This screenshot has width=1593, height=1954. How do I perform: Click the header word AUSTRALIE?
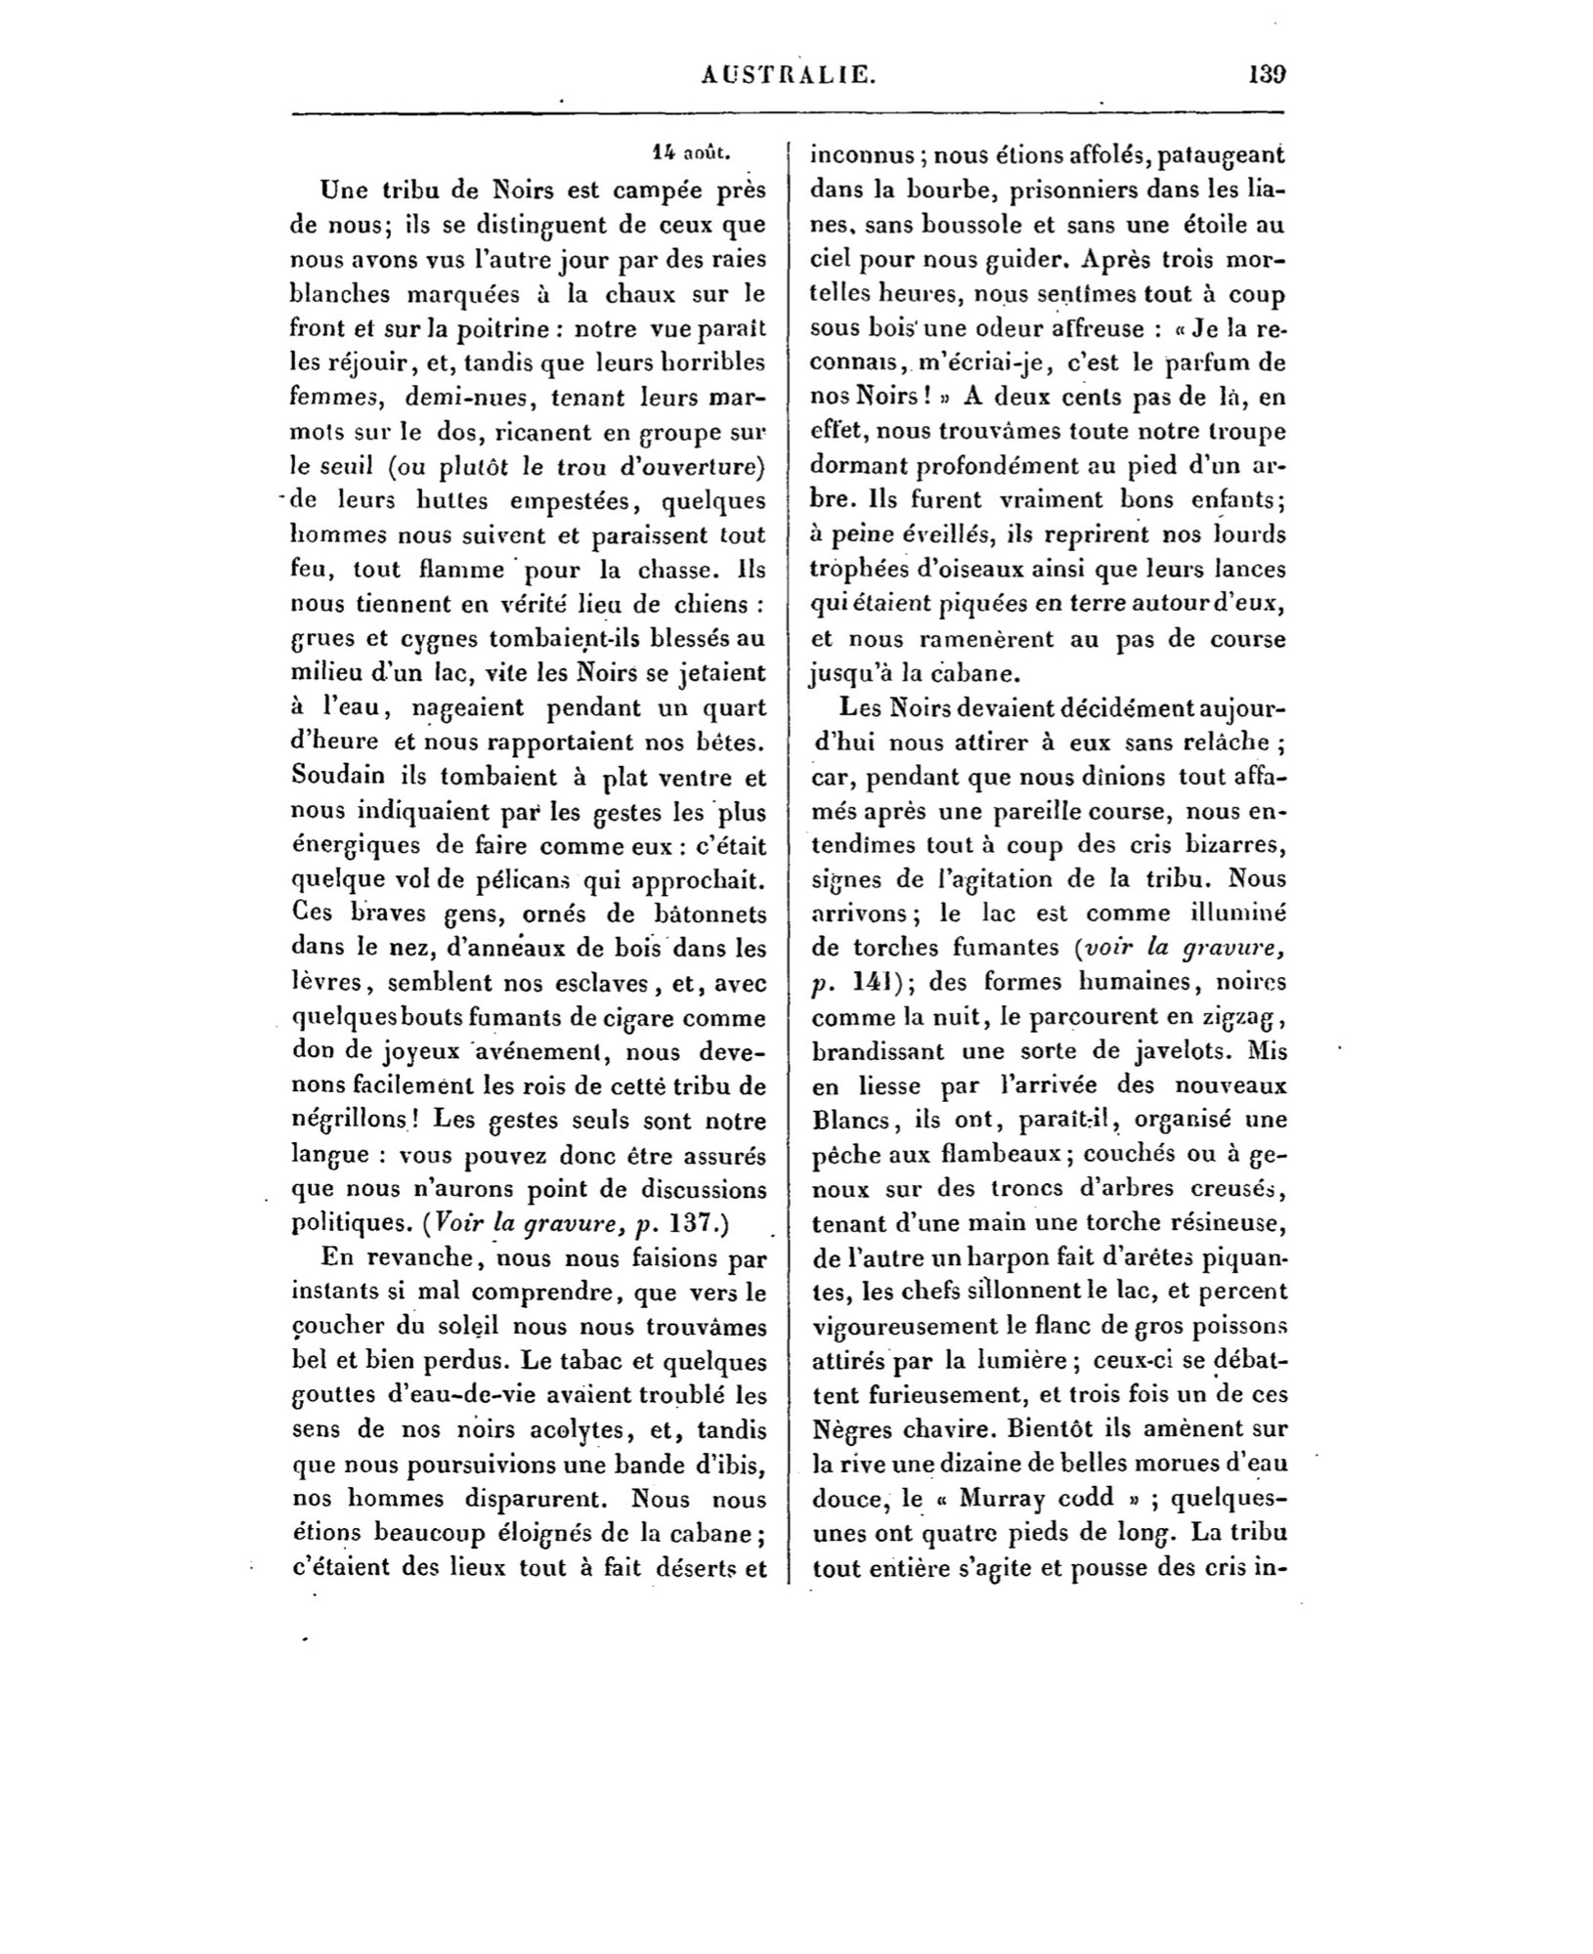click(x=789, y=74)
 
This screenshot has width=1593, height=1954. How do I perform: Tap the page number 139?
click(x=1267, y=74)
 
